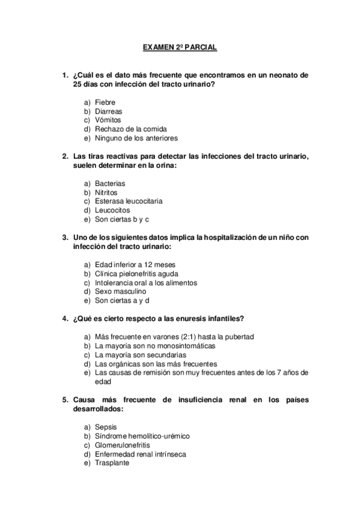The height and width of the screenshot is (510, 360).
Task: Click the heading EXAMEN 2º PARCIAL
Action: click(180, 46)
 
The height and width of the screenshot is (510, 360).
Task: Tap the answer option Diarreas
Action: click(109, 111)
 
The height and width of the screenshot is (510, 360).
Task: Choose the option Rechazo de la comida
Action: click(130, 129)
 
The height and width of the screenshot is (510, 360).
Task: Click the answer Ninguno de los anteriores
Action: click(136, 138)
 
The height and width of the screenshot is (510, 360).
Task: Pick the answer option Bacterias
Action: click(110, 183)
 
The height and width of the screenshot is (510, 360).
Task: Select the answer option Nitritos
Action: click(106, 192)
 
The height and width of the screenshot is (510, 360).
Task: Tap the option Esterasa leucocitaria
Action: click(129, 201)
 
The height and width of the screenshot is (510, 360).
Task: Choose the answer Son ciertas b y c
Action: click(121, 219)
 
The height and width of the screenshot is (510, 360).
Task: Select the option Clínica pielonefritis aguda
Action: click(136, 274)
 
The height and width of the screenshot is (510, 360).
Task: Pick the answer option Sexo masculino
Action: click(120, 291)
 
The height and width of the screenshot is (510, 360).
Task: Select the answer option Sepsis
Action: click(106, 427)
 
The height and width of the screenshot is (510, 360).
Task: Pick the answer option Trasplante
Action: click(112, 463)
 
